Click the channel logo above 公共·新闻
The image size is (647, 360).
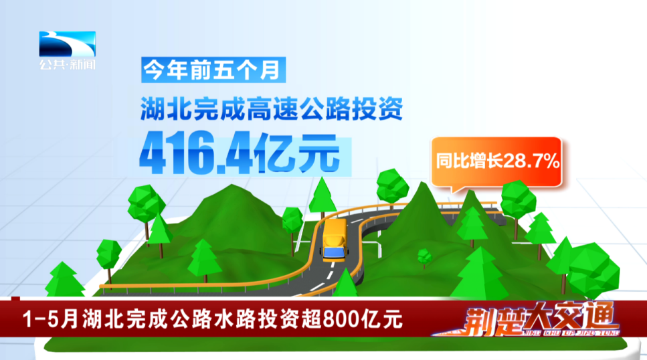click(x=68, y=43)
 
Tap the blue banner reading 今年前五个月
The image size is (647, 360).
click(x=213, y=70)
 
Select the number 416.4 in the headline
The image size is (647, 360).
click(x=195, y=154)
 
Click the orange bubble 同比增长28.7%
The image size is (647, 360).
click(x=496, y=162)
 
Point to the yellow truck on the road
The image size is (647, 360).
click(x=334, y=240)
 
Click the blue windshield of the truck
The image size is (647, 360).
click(x=335, y=252)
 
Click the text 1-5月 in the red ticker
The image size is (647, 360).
click(x=50, y=319)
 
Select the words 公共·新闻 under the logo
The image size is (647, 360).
click(x=68, y=64)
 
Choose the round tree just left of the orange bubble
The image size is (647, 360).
click(x=392, y=187)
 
